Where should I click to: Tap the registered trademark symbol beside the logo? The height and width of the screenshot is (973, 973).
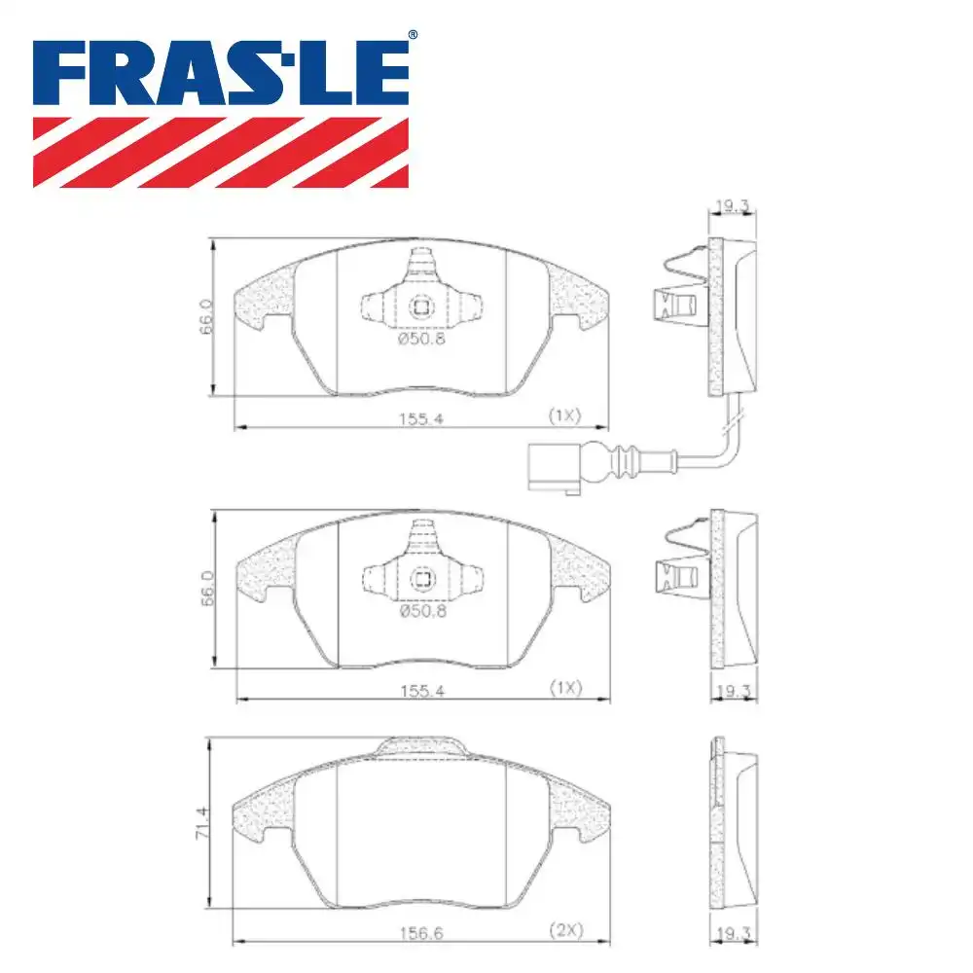point(413,35)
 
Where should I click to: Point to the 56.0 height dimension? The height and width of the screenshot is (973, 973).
point(205,590)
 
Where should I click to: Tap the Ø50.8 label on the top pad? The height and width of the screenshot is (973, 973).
point(420,340)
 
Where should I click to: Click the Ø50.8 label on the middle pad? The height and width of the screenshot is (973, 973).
point(420,612)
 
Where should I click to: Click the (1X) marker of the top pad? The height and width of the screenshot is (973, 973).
point(564,416)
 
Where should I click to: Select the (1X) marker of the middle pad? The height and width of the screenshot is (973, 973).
point(564,688)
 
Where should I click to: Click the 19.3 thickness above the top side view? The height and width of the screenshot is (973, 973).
point(733,206)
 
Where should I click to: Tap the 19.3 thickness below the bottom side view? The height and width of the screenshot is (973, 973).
point(733,932)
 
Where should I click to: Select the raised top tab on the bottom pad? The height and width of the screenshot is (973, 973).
point(420,745)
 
